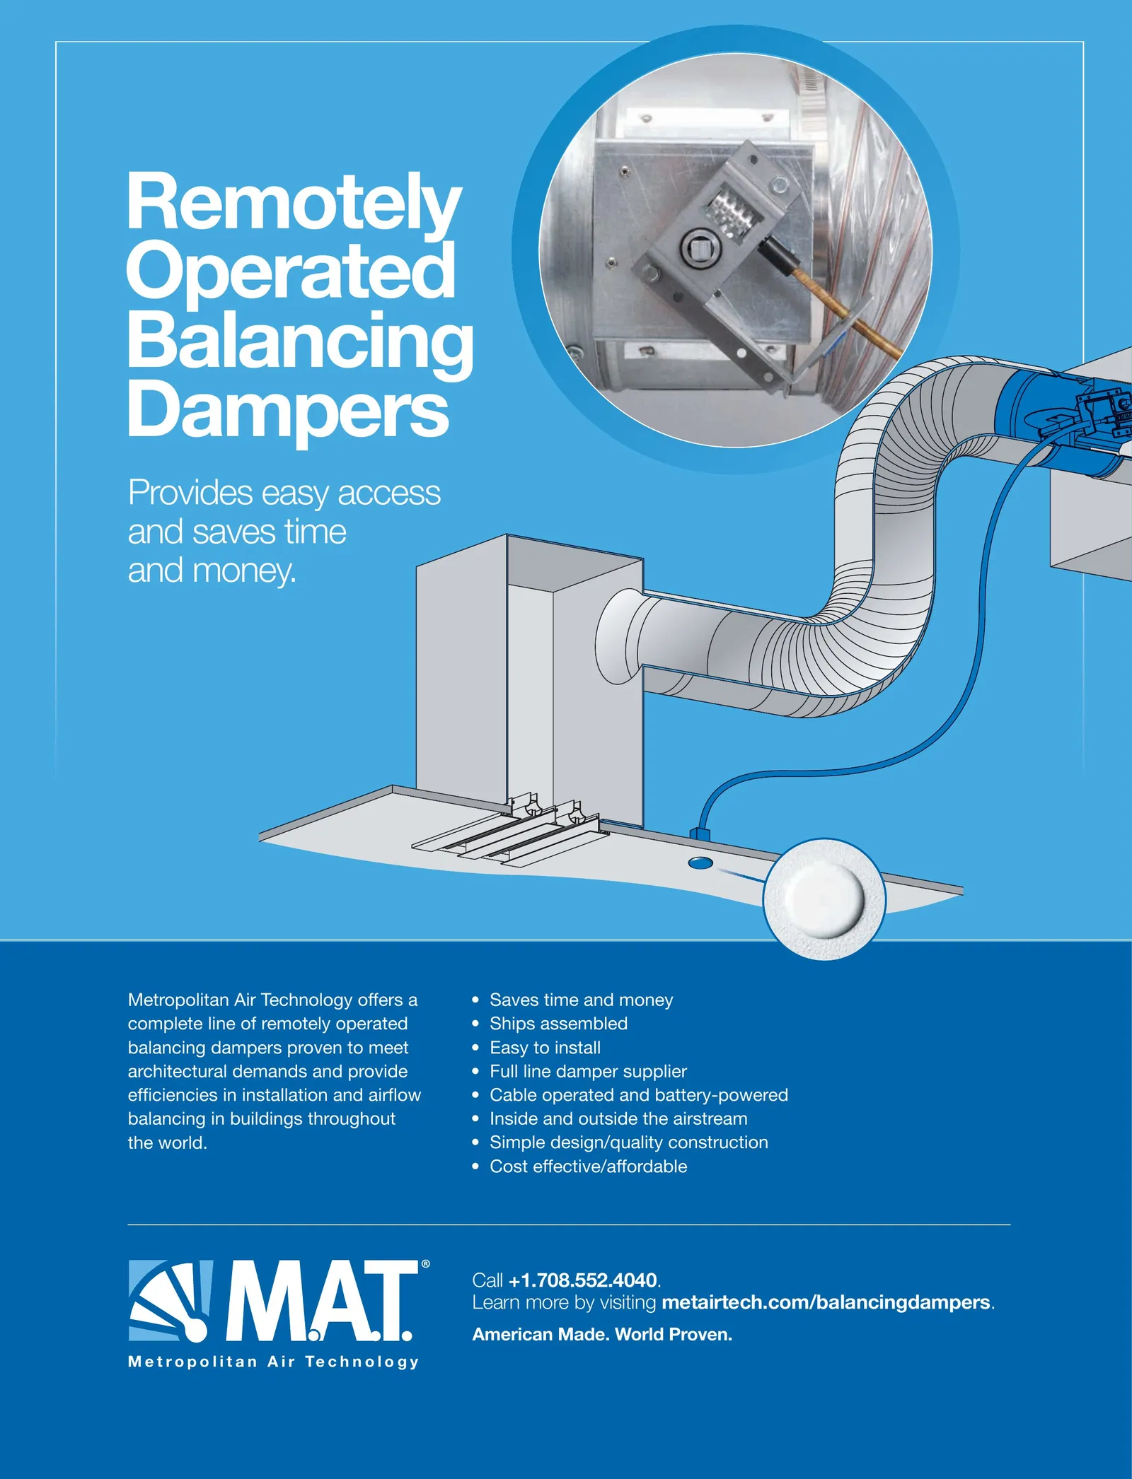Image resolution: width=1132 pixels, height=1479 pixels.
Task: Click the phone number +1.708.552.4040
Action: (583, 1280)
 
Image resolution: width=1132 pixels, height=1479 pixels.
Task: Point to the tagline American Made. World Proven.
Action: (602, 1334)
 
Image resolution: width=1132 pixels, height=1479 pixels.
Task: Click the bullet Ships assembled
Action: (558, 1023)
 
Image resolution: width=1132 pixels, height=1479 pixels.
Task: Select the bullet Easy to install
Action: (545, 1047)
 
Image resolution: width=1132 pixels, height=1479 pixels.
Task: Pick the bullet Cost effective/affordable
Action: (588, 1166)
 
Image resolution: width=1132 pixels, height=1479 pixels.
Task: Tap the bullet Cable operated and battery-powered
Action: (638, 1094)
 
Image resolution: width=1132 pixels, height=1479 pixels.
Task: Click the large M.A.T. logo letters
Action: (319, 1302)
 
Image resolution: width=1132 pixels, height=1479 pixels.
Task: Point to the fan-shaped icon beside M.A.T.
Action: (171, 1301)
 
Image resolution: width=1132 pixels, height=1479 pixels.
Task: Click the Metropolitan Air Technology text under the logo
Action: (273, 1362)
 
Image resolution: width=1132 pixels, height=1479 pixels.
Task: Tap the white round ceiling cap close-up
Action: (824, 899)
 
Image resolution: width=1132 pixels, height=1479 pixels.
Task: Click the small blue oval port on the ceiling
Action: (700, 863)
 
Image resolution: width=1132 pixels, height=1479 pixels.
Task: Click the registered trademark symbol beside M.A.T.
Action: (425, 1264)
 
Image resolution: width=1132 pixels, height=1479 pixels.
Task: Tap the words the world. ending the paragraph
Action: (168, 1142)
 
